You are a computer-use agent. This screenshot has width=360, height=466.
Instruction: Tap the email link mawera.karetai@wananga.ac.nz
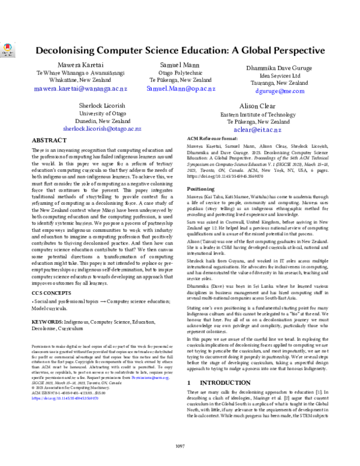[72, 88]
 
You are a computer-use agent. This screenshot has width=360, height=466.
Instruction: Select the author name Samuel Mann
[180, 64]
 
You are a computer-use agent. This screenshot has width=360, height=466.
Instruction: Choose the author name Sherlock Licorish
[100, 105]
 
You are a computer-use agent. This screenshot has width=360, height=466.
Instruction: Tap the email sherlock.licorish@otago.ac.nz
[100, 129]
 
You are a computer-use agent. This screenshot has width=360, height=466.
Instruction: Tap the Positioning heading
[203, 189]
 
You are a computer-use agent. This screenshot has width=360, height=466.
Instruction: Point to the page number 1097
[180, 445]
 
